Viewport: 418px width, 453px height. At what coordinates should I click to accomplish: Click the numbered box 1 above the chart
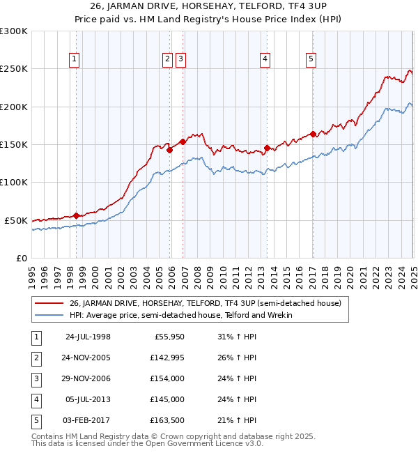[x=74, y=60]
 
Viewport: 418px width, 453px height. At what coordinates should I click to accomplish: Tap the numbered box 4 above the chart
[x=265, y=60]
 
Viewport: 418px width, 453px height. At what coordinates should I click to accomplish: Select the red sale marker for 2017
[x=313, y=134]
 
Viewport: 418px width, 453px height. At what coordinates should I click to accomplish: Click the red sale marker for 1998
[x=76, y=215]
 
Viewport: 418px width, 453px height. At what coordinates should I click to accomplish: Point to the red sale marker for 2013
[x=267, y=148]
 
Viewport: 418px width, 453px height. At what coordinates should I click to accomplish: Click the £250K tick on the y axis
[x=14, y=69]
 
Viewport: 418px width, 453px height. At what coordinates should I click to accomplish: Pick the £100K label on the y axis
[x=14, y=183]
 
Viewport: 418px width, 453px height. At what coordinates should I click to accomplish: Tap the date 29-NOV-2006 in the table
[x=88, y=379]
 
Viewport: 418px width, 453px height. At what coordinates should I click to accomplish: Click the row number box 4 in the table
[x=36, y=400]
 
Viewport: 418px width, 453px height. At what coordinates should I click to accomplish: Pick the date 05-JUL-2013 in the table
[x=88, y=400]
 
